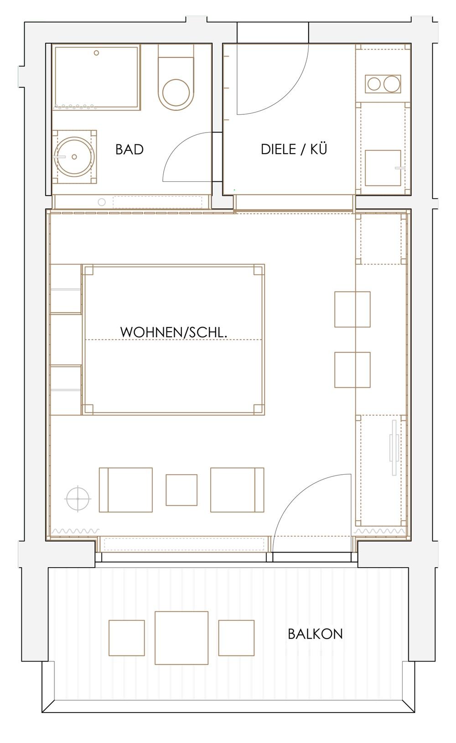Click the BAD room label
pos(129,149)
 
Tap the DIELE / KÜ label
pos(294,149)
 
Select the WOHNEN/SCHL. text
pos(174,332)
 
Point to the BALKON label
pos(315,634)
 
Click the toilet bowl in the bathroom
pos(176,92)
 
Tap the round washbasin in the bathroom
pos(74,157)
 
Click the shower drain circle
pos(96,53)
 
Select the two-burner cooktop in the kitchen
pos(383,84)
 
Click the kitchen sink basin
pos(383,168)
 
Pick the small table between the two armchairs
pos(181,490)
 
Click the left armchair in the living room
pos(126,490)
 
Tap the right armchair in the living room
pos(237,490)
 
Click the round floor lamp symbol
pos(78,498)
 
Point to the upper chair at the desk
pos(352,309)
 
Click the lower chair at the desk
pos(352,370)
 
